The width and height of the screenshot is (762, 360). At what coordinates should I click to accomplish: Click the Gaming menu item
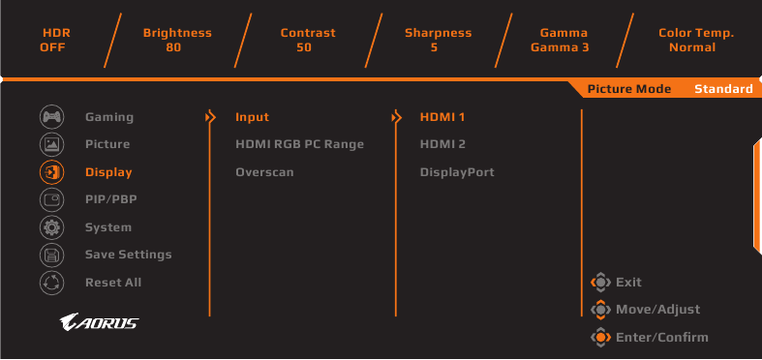click(x=109, y=117)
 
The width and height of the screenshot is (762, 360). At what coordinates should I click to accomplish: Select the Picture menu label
click(x=107, y=144)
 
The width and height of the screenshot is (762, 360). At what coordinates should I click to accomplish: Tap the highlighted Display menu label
click(x=108, y=172)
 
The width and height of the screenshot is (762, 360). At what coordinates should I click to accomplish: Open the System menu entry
click(x=108, y=227)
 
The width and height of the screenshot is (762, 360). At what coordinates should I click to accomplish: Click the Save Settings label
click(x=128, y=255)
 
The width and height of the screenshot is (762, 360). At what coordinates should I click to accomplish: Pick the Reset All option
click(x=113, y=283)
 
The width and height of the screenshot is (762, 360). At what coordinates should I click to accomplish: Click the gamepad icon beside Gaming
click(x=51, y=117)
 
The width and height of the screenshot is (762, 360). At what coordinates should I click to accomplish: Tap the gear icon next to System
click(x=51, y=227)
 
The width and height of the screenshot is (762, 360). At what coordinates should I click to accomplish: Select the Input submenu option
click(x=252, y=117)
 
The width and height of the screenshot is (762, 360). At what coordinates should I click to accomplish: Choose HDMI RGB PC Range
click(x=299, y=144)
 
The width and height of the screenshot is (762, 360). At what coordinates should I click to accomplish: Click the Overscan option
click(x=264, y=172)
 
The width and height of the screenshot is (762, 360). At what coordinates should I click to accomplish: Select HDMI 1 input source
click(x=442, y=117)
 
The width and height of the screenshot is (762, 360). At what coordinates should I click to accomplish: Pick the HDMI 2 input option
click(x=442, y=144)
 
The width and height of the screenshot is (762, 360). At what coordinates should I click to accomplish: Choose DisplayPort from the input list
click(x=457, y=172)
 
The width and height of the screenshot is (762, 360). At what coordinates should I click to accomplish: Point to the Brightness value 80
click(x=176, y=47)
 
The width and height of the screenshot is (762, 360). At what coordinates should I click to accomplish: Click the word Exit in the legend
click(x=628, y=283)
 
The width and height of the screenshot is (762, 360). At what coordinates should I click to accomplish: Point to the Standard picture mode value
click(x=723, y=89)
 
